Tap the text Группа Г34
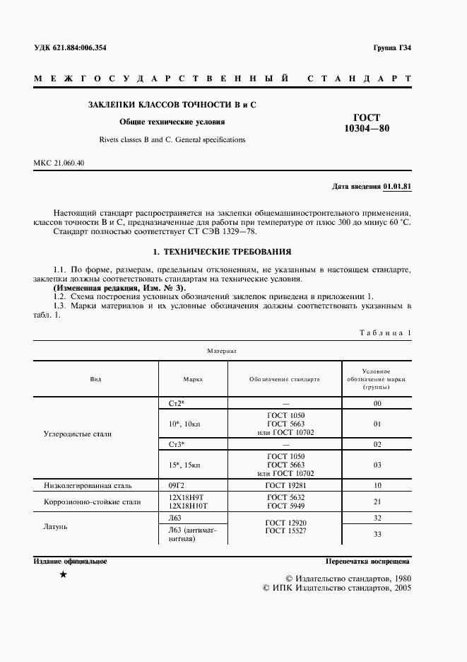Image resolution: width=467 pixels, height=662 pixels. coord(392,48)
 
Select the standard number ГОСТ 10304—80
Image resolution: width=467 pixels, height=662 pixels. coord(366,123)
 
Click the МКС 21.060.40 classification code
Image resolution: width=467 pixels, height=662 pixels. coord(59,164)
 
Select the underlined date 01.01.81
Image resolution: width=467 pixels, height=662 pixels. coord(398,187)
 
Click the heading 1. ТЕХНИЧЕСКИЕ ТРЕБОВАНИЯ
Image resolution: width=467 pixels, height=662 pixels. coord(223,252)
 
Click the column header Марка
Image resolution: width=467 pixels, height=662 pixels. coord(193,379)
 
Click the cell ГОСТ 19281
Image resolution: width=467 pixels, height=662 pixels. coord(285,486)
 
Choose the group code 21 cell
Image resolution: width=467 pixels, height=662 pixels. coord(377,501)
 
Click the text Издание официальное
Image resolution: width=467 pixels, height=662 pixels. coord(70,561)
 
